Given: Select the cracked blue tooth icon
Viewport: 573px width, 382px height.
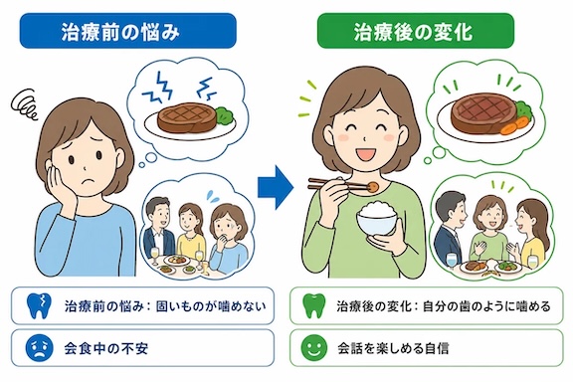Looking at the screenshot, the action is (x=40, y=305).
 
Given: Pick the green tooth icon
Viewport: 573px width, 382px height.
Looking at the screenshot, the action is (x=314, y=305).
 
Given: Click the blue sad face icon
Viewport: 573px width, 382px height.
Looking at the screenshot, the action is (x=40, y=348).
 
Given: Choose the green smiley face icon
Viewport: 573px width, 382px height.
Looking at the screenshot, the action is (x=314, y=348).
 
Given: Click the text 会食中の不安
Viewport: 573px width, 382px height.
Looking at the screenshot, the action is (x=106, y=348).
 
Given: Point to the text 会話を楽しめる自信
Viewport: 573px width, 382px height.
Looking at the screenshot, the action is (x=393, y=348).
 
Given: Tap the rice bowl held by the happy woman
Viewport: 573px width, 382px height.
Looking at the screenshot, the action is (x=376, y=218).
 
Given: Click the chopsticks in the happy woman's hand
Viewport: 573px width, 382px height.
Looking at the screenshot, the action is (x=339, y=184).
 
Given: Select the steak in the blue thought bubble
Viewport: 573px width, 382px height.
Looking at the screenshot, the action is (x=187, y=117).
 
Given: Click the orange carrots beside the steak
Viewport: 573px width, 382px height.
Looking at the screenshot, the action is (x=515, y=125).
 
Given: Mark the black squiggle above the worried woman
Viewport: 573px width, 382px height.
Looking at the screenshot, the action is (x=25, y=104).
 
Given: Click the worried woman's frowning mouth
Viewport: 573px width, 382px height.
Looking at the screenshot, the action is (x=88, y=181).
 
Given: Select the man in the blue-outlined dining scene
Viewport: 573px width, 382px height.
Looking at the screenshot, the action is (x=158, y=228).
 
